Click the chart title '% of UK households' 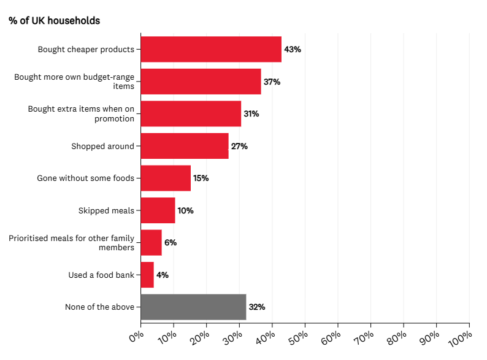(54, 20)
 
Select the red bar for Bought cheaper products (210, 49)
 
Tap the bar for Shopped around (184, 146)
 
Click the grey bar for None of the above (193, 307)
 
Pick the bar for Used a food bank (147, 275)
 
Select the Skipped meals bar (158, 210)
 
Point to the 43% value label (293, 49)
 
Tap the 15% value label (201, 178)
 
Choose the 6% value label (171, 242)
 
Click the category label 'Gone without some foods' (85, 178)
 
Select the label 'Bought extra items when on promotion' (81, 113)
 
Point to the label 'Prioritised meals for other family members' (71, 242)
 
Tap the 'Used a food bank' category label (101, 275)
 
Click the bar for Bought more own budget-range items (201, 82)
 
